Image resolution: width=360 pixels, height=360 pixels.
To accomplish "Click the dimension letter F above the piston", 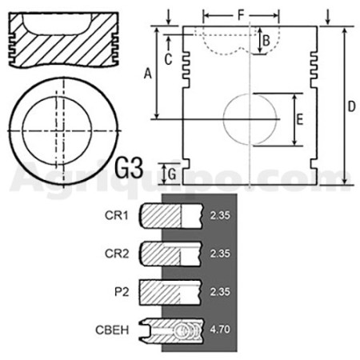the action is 241,15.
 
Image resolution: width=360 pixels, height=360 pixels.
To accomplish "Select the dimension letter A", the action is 148,74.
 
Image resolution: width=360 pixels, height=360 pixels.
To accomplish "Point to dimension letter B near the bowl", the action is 266,41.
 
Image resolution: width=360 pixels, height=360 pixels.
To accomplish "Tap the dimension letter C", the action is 168,59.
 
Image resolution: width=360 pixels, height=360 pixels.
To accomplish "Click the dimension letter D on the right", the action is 352,106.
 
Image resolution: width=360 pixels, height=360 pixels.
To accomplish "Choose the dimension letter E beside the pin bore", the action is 300,119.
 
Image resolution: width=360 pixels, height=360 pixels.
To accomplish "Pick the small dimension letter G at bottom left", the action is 172,174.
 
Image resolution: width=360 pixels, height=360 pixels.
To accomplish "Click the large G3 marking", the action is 129,168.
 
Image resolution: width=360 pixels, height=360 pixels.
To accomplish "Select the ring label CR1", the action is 117,215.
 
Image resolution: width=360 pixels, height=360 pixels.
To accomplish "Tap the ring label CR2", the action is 117,254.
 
